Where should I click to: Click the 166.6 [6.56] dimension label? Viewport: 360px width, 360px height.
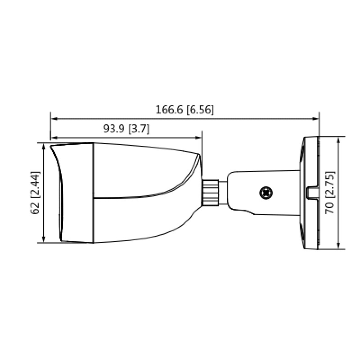pyautogui.click(x=184, y=109)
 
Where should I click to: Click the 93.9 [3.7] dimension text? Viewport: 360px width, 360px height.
pyautogui.click(x=126, y=129)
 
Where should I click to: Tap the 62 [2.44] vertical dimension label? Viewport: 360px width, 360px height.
pyautogui.click(x=35, y=193)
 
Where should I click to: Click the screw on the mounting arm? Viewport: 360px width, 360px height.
pyautogui.click(x=265, y=193)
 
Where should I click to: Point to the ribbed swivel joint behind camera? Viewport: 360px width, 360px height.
pyautogui.click(x=210, y=193)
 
